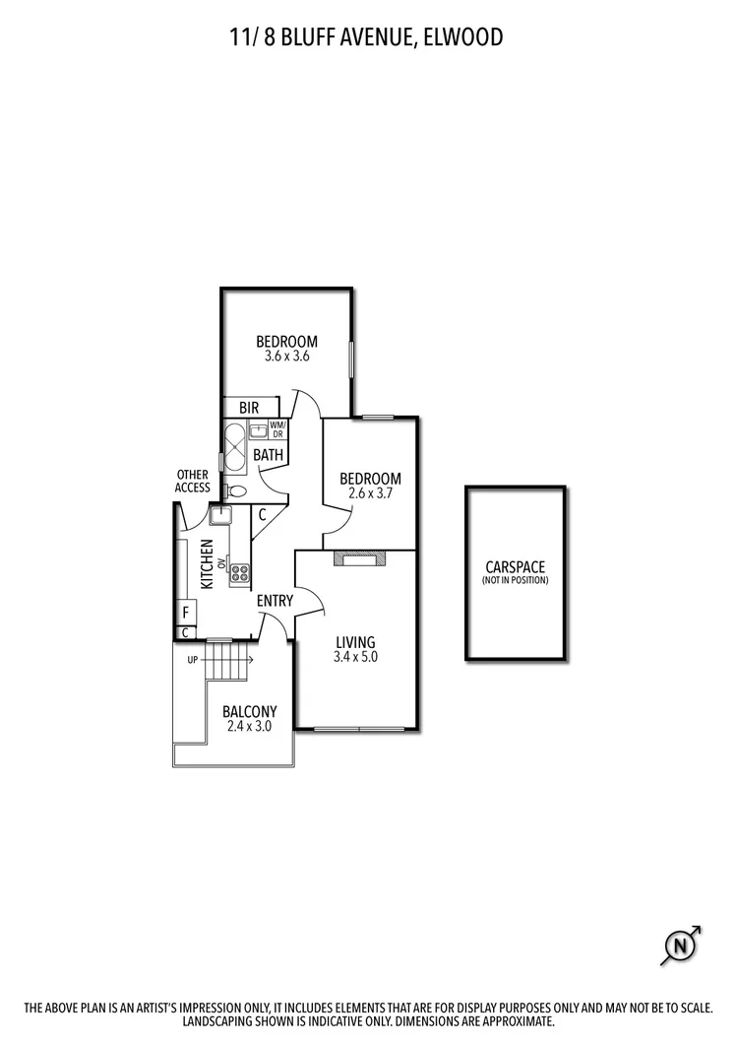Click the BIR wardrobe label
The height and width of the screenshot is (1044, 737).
[x=248, y=407]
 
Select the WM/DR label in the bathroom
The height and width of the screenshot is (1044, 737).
[x=276, y=429]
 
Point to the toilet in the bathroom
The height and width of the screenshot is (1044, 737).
[x=236, y=490]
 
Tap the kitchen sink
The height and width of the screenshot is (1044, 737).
[x=218, y=514]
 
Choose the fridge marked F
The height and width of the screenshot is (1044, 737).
[x=184, y=612]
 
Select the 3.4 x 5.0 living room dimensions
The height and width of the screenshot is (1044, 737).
[x=355, y=658]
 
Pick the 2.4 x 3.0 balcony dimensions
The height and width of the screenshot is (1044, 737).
[x=249, y=726]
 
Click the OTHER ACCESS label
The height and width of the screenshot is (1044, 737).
[x=192, y=481]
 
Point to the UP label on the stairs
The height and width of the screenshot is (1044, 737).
[x=193, y=659]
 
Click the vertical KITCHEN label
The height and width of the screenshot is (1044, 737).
[x=208, y=565]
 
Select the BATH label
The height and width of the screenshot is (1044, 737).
[x=268, y=455]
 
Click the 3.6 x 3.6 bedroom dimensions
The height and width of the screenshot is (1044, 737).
[x=286, y=357]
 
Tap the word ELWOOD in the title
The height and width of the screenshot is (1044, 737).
[x=464, y=37]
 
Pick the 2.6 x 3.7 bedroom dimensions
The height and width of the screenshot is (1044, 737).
[x=369, y=494]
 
